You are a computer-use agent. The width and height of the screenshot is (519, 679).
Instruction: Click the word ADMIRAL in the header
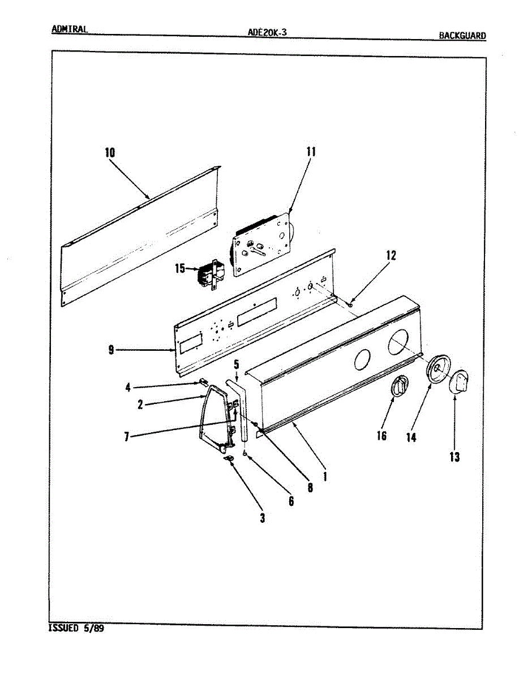(69, 29)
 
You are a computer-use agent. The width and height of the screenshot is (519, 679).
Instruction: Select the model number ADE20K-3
(267, 32)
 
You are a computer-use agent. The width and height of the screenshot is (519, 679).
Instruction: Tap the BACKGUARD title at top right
(462, 36)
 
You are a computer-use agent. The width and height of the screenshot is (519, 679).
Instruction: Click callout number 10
(109, 152)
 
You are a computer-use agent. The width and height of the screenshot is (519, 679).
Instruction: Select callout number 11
(311, 152)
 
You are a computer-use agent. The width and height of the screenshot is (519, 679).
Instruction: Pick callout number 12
(391, 255)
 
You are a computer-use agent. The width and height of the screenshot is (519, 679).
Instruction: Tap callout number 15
(180, 268)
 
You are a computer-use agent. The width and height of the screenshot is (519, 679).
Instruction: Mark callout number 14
(411, 437)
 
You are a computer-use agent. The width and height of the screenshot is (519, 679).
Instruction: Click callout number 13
(454, 457)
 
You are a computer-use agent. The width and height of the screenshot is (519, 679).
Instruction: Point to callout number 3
(262, 517)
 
